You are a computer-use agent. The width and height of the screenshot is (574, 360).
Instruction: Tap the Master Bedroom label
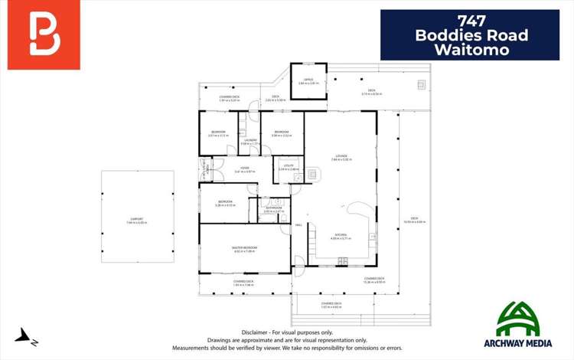tap(245, 248)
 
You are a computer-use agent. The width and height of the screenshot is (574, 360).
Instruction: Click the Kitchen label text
tap(341, 236)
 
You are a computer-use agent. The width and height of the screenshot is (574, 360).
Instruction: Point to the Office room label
tap(308, 80)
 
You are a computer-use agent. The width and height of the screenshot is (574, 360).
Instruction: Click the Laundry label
tap(250, 141)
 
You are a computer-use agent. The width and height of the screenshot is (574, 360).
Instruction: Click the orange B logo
tap(44, 34)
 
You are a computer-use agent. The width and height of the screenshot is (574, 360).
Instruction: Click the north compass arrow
tap(26, 335)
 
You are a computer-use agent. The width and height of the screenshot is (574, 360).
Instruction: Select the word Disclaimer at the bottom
tap(256, 332)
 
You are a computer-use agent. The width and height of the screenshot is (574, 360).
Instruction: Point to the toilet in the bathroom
tap(283, 218)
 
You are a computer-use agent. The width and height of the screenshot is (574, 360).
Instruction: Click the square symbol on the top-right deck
tap(420, 84)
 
